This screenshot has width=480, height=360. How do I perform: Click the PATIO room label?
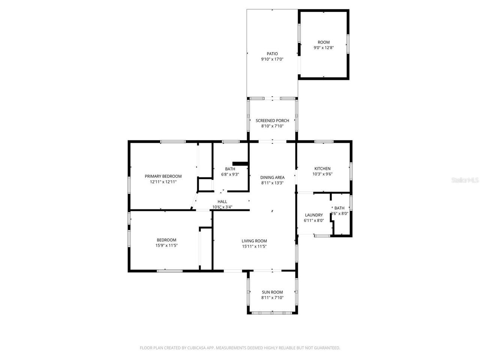point(272,54)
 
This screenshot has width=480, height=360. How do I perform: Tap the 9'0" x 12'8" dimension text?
point(324,48)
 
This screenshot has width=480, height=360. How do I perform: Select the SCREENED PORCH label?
point(272,120)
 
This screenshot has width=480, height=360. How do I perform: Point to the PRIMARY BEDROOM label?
point(163,176)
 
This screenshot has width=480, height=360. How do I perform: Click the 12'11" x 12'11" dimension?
point(163,182)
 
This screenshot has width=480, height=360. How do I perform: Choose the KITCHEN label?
point(322,168)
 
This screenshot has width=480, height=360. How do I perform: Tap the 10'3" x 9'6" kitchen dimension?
point(322,174)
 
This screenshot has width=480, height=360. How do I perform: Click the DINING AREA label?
point(272,177)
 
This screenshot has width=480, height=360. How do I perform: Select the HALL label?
point(222,201)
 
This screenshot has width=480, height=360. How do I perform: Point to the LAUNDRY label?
point(314,215)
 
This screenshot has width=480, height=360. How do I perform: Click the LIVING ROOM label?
point(254,241)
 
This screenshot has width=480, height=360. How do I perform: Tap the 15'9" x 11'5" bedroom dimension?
point(166,246)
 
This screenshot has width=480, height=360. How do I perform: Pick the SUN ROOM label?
point(272,292)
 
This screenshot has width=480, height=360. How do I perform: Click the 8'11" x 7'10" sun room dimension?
point(272,298)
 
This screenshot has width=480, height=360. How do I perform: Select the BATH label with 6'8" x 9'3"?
point(230,169)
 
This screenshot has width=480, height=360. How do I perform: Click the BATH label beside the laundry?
point(339,208)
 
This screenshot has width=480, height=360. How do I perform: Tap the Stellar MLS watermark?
point(465,180)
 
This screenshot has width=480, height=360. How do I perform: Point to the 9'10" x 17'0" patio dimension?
point(272,59)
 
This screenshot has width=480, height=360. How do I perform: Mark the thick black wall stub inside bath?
point(240,163)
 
